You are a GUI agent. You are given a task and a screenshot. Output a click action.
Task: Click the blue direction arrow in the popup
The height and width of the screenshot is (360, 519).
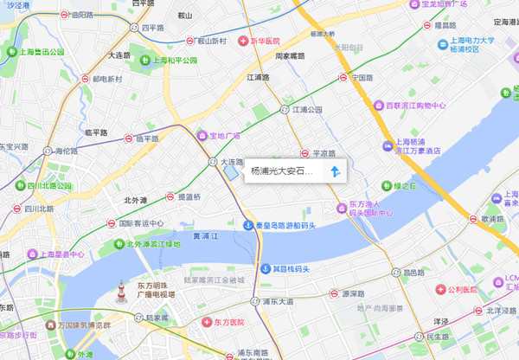click(334, 171)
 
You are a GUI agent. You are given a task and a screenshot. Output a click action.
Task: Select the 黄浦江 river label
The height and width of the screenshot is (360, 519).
click(206, 235)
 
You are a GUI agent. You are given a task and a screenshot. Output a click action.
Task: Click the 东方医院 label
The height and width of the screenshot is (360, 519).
click(223, 322)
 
